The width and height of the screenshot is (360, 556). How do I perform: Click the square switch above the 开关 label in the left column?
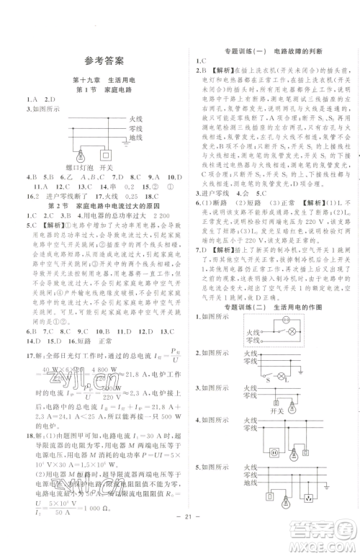point(107,154)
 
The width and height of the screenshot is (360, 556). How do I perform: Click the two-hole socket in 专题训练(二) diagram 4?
point(273,453)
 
